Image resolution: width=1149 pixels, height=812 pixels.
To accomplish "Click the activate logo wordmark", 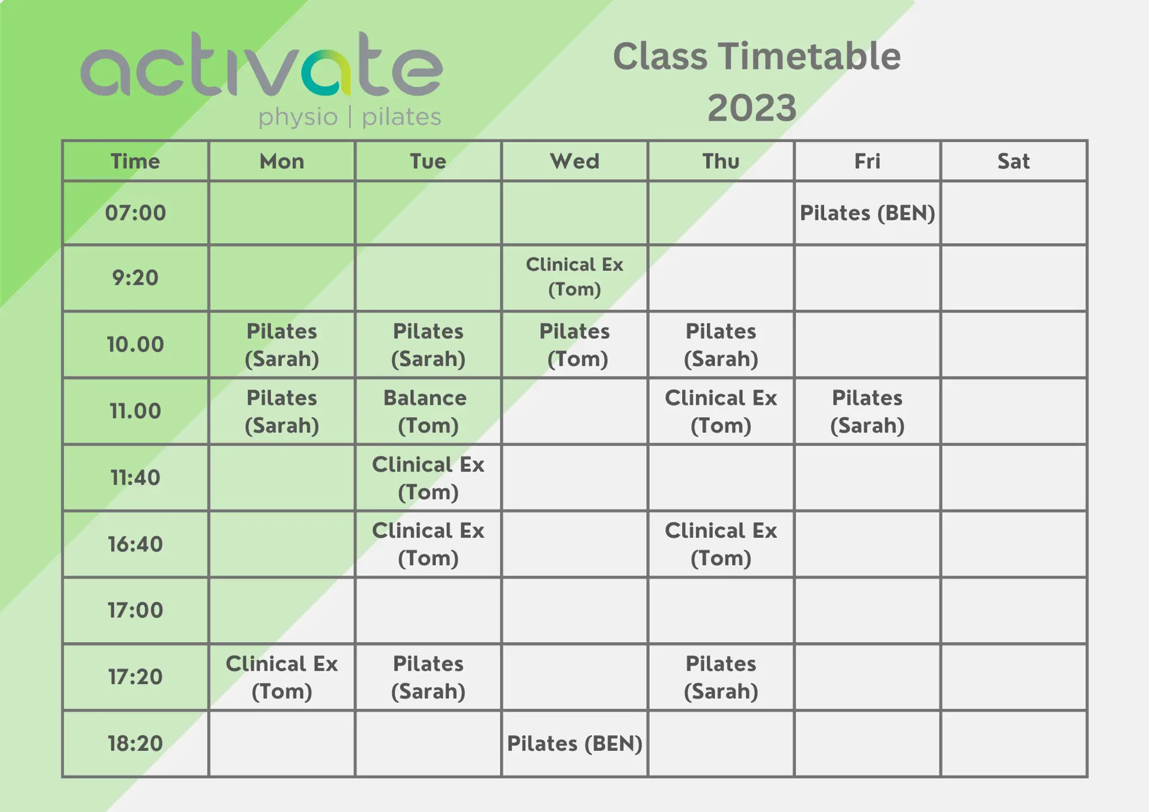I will pos(261,66).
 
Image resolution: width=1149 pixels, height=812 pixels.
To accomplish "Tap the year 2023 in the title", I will pos(752,108).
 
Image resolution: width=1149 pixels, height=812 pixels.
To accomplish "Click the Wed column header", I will pos(574,162).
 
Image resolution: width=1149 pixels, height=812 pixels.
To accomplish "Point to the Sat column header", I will pos(1013,162).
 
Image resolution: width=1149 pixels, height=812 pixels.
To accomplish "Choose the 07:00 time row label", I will pos(135,213).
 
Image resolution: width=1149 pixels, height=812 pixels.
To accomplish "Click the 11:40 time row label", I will pos(135,478).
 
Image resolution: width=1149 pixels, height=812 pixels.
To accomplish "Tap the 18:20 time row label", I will pos(135,744).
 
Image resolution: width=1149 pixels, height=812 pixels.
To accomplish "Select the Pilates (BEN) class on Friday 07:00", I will pos(867,213).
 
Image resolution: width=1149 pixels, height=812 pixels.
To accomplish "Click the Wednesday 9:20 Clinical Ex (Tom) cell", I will pos(574,277).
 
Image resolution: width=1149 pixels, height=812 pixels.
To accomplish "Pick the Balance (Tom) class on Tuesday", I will pos(428,411).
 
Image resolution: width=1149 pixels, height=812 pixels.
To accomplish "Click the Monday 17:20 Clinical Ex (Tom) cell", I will pos(282,677).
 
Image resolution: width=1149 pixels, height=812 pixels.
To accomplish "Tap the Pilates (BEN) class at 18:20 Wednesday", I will pos(574,744).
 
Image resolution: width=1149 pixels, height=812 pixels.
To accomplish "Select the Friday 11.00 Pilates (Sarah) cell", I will pos(867,411).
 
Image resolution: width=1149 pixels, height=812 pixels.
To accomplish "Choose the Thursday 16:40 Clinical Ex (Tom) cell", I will pos(720,544).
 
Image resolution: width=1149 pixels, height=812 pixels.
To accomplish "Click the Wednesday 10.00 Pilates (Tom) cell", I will pos(574,344).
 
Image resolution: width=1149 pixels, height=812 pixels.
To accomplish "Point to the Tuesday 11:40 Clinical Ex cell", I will pos(428,478).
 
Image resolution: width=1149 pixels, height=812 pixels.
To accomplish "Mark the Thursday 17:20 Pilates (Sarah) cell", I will pos(720,677).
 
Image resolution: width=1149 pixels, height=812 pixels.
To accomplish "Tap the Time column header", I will pos(135,162).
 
